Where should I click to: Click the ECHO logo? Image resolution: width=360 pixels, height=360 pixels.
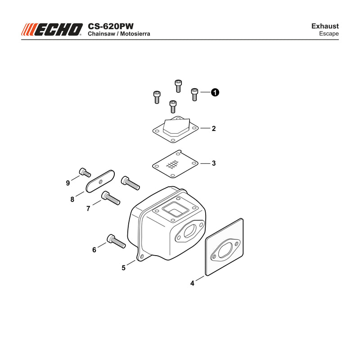[52, 30]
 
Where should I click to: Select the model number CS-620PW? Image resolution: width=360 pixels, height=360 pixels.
[110, 26]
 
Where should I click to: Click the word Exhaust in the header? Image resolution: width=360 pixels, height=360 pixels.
[325, 26]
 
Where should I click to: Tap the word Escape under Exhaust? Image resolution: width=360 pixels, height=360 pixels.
[329, 33]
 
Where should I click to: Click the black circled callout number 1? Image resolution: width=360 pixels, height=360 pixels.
[215, 92]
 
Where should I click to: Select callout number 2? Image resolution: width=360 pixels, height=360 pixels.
[214, 129]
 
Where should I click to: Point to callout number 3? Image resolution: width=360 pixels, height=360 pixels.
[214, 163]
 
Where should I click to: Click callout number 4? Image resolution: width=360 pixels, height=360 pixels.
[192, 283]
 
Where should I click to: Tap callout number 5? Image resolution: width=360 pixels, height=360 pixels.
[123, 268]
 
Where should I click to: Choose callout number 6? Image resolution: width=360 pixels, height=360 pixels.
[94, 250]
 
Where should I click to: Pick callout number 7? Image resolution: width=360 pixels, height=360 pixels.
[88, 208]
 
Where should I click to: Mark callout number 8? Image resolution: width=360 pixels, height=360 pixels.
[72, 199]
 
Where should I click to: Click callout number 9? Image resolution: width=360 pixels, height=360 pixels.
[68, 183]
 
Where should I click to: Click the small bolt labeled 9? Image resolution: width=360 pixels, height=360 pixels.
[85, 172]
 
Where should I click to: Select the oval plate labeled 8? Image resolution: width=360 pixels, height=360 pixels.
[100, 181]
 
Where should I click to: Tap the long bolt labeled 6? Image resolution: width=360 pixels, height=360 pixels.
[116, 241]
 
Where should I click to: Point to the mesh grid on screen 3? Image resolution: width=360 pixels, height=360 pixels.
[172, 164]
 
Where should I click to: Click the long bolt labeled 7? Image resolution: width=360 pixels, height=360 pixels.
[111, 198]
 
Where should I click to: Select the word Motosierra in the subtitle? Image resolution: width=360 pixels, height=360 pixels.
[135, 34]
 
